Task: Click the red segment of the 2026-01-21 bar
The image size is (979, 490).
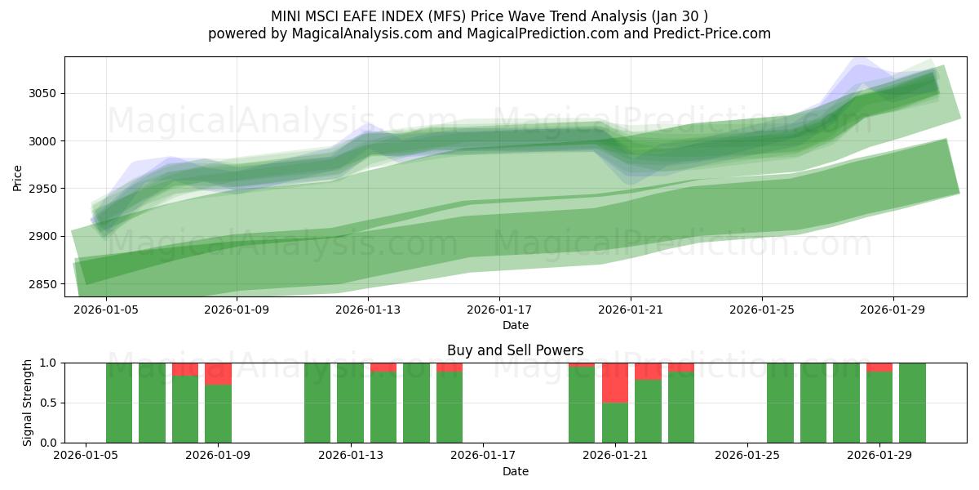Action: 615,382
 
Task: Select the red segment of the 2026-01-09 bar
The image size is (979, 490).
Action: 218,373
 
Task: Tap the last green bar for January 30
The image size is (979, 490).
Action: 912,403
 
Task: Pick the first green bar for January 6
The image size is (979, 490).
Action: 119,403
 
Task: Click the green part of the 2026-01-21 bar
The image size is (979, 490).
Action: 615,422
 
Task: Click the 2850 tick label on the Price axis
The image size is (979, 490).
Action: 43,284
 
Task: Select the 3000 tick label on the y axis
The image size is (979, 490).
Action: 43,141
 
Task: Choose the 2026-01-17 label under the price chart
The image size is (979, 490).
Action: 499,310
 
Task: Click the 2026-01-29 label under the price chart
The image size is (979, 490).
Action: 893,310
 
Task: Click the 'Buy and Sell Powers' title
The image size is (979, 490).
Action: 515,350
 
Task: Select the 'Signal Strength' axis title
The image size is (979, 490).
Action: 28,403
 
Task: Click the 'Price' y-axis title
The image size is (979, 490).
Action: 17,176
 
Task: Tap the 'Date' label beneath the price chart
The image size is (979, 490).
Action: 515,325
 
